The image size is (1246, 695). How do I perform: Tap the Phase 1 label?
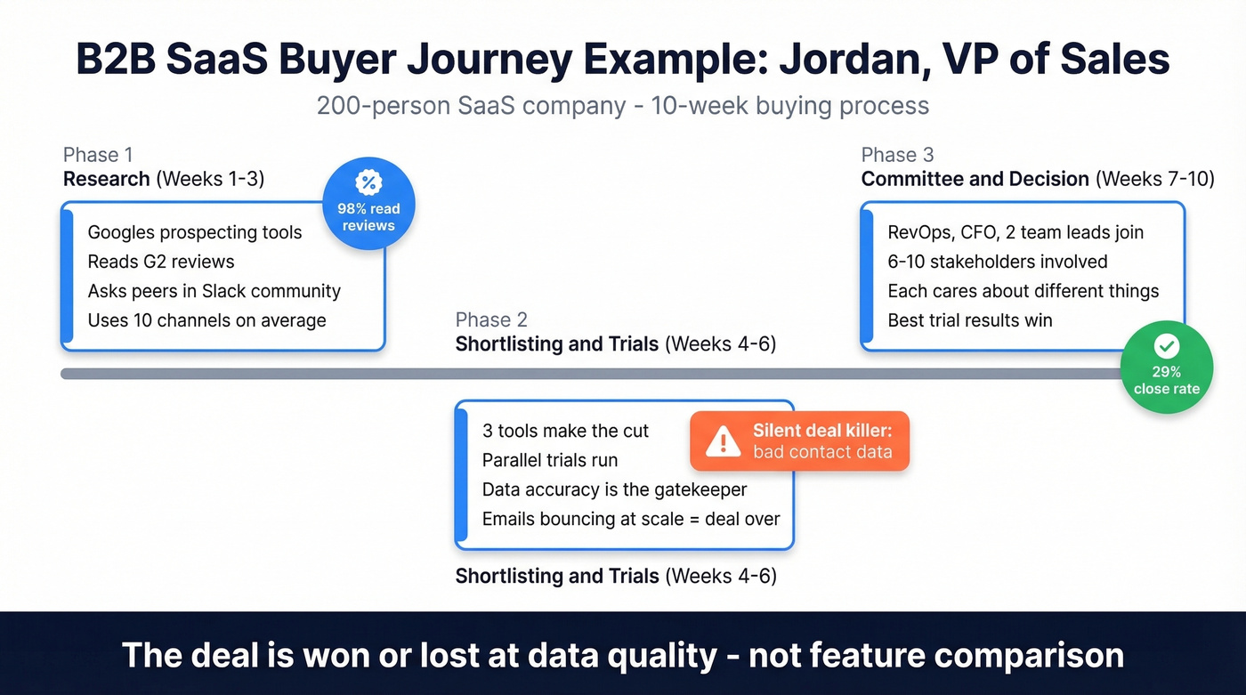pyautogui.click(x=97, y=155)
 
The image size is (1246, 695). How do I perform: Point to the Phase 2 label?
pyautogui.click(x=490, y=319)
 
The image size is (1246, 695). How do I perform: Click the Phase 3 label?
pyautogui.click(x=897, y=155)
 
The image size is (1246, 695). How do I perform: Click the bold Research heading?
pyautogui.click(x=106, y=179)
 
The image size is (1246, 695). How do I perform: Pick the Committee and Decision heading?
pyautogui.click(x=975, y=179)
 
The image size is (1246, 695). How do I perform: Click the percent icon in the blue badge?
pyautogui.click(x=368, y=182)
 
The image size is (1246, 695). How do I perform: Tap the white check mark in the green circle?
pyautogui.click(x=1166, y=346)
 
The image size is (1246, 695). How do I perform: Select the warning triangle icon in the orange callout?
pyautogui.click(x=723, y=440)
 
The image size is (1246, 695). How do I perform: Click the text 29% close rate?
pyautogui.click(x=1166, y=380)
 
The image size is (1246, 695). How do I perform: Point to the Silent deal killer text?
pyautogui.click(x=821, y=431)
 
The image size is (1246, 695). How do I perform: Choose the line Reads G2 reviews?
pyautogui.click(x=161, y=262)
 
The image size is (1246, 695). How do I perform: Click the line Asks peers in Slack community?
pyautogui.click(x=214, y=291)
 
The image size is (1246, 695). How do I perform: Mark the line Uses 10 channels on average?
pyautogui.click(x=206, y=320)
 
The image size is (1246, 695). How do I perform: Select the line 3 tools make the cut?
pyautogui.click(x=565, y=431)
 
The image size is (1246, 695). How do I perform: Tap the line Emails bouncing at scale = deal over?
pyautogui.click(x=630, y=519)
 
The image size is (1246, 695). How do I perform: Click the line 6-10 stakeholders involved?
pyautogui.click(x=997, y=262)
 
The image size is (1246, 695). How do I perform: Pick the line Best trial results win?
pyautogui.click(x=969, y=320)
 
